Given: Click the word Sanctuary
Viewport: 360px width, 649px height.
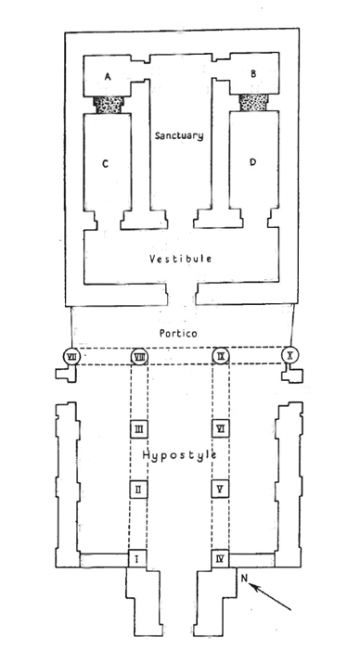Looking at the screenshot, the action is [179, 135].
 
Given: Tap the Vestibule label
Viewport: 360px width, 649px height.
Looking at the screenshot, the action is [181, 259].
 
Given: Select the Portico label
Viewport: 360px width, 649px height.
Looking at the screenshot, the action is [178, 333].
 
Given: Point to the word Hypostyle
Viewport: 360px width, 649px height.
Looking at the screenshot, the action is [179, 456].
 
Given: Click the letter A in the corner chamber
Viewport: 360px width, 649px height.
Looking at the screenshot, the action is [108, 76].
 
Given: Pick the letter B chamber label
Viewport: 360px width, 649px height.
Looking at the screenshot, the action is [253, 73].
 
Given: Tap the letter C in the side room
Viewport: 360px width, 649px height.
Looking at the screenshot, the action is [105, 164].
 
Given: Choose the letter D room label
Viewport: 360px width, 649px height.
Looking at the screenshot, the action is [253, 162].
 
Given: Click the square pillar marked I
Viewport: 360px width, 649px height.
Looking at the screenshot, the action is [137, 559].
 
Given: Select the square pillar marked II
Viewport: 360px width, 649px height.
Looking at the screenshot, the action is [139, 490].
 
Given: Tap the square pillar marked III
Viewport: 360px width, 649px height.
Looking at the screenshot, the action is [139, 429].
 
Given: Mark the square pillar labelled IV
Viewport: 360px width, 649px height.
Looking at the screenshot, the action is [221, 559].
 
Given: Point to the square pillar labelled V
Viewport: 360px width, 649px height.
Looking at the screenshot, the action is [221, 490].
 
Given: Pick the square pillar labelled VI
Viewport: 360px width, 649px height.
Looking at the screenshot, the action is [221, 428].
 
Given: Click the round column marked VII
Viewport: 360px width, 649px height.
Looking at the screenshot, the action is [72, 356].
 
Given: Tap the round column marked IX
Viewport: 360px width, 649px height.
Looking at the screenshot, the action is [221, 356].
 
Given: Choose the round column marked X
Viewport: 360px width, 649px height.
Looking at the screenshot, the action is [289, 355].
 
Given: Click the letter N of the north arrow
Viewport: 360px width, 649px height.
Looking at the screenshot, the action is [244, 579].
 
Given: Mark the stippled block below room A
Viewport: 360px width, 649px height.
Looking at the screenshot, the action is [109, 105].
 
